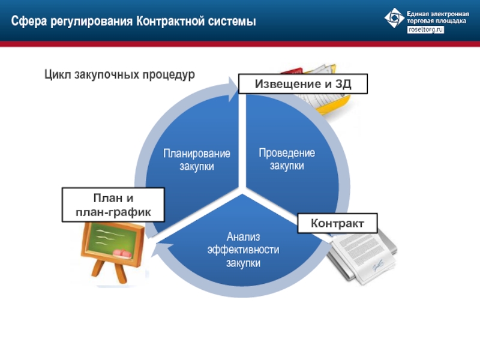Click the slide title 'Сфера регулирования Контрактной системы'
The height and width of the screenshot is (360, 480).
click(133, 22)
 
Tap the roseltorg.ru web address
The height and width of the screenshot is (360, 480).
click(425, 29)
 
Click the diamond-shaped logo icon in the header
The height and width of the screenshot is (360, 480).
click(394, 18)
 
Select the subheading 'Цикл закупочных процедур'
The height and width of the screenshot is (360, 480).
click(119, 74)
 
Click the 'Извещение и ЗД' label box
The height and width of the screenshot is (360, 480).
click(303, 83)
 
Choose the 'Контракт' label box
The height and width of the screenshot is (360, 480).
click(337, 223)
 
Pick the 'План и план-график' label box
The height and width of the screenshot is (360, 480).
click(113, 205)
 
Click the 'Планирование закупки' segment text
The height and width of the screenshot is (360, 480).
click(197, 160)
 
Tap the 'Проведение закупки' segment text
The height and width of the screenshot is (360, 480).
click(287, 159)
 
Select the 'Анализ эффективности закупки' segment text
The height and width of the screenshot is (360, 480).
click(244, 250)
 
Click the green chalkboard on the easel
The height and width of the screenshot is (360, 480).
click(113, 241)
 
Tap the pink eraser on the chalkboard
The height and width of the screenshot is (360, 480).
click(122, 253)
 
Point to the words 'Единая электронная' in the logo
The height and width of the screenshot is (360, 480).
click(438, 14)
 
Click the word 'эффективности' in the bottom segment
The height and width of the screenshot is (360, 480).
click(244, 250)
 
